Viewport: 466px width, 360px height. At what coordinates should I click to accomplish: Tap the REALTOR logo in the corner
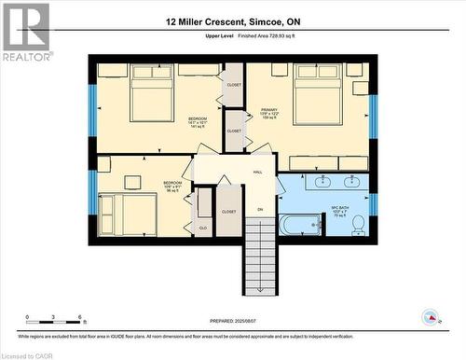click(x=25, y=32)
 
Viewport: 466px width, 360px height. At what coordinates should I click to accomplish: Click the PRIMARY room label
click(x=269, y=109)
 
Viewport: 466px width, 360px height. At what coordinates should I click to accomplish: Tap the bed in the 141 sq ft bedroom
click(x=152, y=92)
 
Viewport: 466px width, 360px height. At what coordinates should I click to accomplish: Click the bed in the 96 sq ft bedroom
click(x=128, y=213)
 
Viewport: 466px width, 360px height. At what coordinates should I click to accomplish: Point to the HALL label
click(x=257, y=172)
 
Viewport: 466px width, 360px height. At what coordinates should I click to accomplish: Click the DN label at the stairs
click(x=261, y=209)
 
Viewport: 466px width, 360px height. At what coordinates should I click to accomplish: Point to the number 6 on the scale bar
click(x=81, y=318)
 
